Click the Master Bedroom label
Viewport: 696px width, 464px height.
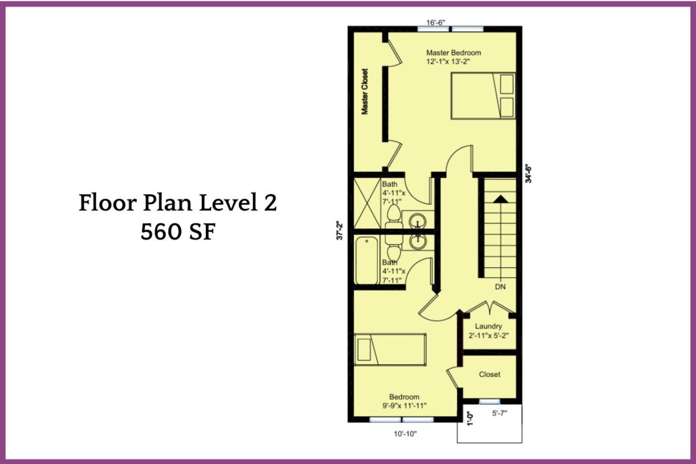pos(453,53)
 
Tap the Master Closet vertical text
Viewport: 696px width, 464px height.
pos(365,91)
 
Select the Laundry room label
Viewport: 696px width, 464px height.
pos(488,326)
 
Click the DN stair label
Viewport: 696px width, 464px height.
pos(500,287)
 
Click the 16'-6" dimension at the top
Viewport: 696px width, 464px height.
pos(436,22)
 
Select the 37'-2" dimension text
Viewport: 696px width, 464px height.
pos(340,231)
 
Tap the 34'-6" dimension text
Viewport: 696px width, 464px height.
pos(528,174)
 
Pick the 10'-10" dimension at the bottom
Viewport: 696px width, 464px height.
pos(405,434)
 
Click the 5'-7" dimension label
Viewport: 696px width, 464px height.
pos(500,413)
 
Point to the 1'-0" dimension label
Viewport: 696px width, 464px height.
pos(470,419)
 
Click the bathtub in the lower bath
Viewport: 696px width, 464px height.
pos(367,260)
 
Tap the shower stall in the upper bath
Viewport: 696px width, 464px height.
pos(367,203)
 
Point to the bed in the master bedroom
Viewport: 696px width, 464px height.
pos(483,96)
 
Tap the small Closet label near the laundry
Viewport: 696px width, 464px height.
pos(489,374)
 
